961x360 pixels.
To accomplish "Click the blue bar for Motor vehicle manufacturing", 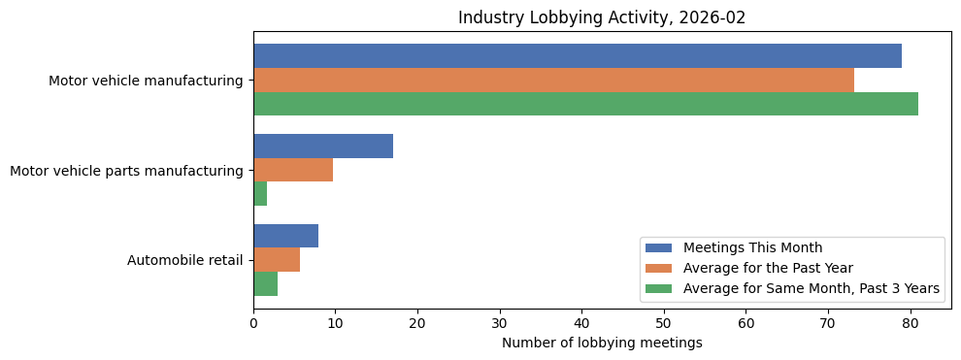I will pos(577,56).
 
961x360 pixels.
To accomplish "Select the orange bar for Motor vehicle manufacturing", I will pos(553,81).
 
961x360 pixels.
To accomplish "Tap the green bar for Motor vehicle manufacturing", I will pos(585,104).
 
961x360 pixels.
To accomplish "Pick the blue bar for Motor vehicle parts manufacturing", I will pos(323,147).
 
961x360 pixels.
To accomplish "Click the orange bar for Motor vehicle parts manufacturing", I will pos(293,170).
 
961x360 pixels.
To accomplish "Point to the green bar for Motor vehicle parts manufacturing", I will pos(260,194).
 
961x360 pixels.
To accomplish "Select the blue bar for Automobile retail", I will pos(285,236).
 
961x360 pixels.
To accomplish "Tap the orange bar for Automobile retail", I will pos(277,260).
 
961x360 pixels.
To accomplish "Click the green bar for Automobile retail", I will pos(265,283).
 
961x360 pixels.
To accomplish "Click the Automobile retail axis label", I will pos(184,261).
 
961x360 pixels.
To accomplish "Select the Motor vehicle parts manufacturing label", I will pos(126,171).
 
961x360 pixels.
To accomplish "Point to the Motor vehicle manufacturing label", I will pos(146,82).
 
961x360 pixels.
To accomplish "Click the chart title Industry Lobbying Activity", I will pos(602,17).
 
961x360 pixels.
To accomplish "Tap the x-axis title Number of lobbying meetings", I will pos(602,343).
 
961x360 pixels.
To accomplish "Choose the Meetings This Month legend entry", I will pos(752,247).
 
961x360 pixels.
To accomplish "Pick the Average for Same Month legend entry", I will pos(811,288).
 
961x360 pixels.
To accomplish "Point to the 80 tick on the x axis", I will pos(911,324).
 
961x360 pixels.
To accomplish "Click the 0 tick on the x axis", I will pos(253,324).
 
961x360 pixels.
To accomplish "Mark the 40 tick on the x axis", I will pos(582,324).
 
